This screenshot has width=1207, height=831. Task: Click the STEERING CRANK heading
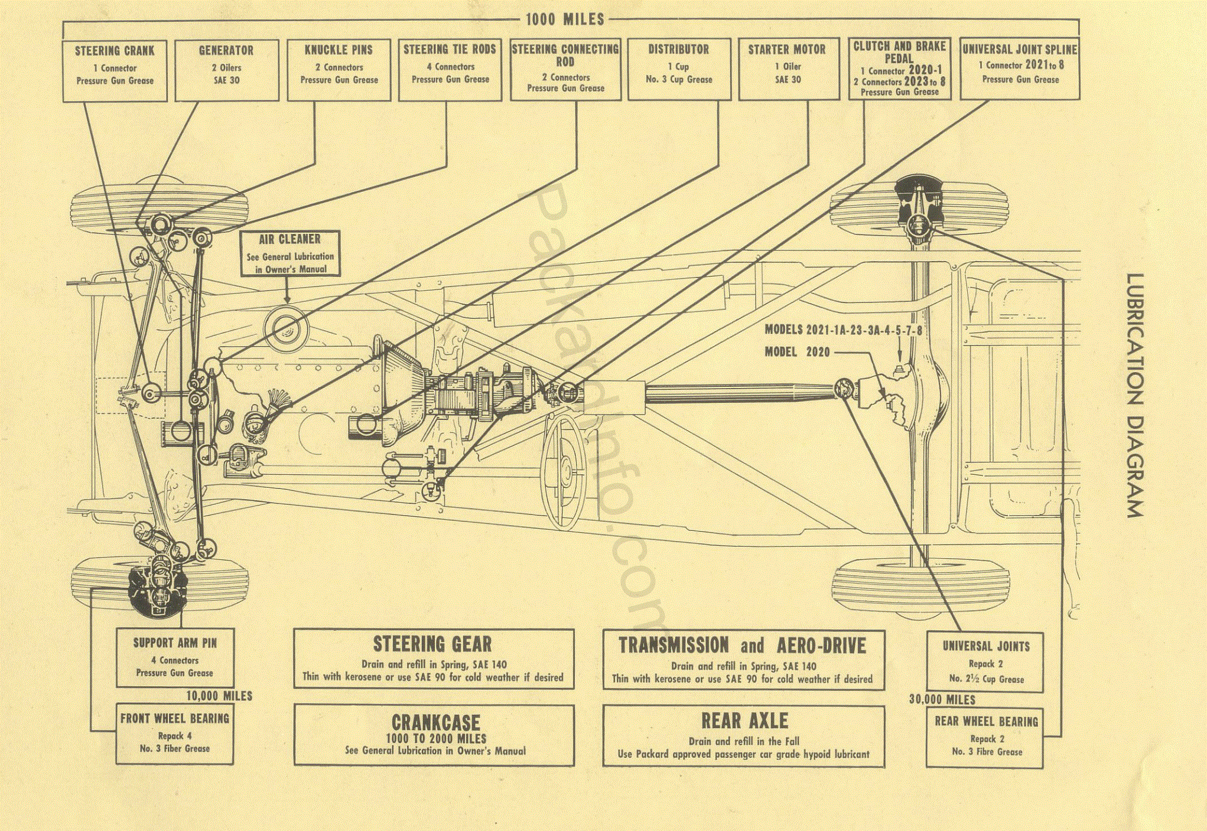pos(115,51)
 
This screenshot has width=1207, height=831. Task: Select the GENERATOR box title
pos(226,51)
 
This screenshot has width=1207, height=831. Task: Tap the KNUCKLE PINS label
pos(339,50)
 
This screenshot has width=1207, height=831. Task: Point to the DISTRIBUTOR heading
pos(678,50)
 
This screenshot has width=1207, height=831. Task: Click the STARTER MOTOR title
pos(787,50)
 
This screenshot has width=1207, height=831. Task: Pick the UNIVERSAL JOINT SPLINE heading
pos(1020,50)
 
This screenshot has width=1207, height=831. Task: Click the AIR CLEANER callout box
pos(290,253)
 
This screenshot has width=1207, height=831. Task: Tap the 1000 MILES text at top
pos(565,19)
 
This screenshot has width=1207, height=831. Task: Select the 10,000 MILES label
pos(219,696)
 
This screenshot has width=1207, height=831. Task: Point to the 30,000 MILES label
pos(942,700)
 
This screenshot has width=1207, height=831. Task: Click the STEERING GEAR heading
pos(432,644)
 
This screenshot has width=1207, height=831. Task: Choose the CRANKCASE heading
pos(436,722)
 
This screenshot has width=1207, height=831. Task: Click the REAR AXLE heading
pos(744,721)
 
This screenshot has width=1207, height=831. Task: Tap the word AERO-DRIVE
pos(821,646)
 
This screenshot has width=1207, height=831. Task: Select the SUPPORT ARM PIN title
pos(175,643)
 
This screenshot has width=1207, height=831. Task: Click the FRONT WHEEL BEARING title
pos(175,719)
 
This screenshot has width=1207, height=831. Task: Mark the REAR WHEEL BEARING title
pos(986,722)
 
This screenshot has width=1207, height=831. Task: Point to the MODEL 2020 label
pos(797,352)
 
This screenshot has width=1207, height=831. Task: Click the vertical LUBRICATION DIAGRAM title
pos(1135,396)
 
